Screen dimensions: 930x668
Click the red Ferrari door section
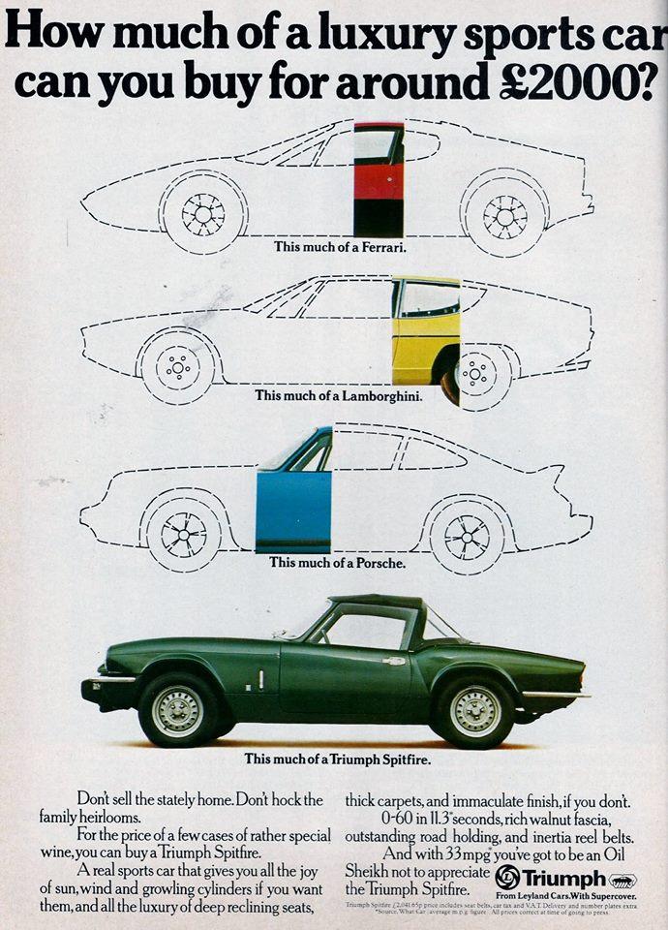pos(379,180)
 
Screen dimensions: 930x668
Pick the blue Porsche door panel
pos(293,511)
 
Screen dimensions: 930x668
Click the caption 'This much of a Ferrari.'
pos(340,246)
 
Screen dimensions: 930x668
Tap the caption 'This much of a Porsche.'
pos(337,562)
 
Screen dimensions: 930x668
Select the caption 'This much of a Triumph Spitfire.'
pos(338,759)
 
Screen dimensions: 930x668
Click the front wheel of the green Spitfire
pos(177,710)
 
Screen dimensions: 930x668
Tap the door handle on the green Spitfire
pos(393,661)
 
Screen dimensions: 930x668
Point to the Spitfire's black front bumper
pos(103,690)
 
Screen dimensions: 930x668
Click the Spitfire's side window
pos(366,628)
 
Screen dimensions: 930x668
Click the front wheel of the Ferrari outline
pos(202,214)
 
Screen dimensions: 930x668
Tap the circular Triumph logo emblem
pos(508,879)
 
